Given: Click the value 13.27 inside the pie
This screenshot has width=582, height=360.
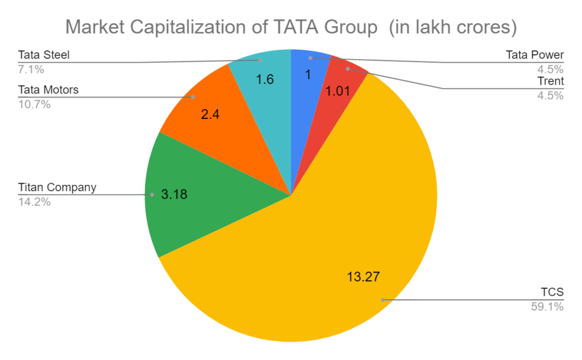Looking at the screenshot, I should (363, 277).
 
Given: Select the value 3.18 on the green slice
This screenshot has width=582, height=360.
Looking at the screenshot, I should (174, 195).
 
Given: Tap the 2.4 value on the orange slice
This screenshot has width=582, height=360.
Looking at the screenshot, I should (210, 114).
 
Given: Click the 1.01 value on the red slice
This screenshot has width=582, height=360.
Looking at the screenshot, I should (338, 92).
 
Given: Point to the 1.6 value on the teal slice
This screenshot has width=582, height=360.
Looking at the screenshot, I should (265, 79).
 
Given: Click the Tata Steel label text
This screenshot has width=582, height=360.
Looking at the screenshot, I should (44, 56).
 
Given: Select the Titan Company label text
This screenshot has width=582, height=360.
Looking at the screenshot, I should (57, 187).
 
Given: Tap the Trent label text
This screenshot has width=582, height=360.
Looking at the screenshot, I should (550, 81).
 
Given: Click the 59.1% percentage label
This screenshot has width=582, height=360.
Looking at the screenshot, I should (547, 307).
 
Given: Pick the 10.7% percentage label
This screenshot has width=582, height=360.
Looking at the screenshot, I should (35, 105).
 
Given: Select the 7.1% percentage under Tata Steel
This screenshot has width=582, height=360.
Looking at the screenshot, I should (31, 70).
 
